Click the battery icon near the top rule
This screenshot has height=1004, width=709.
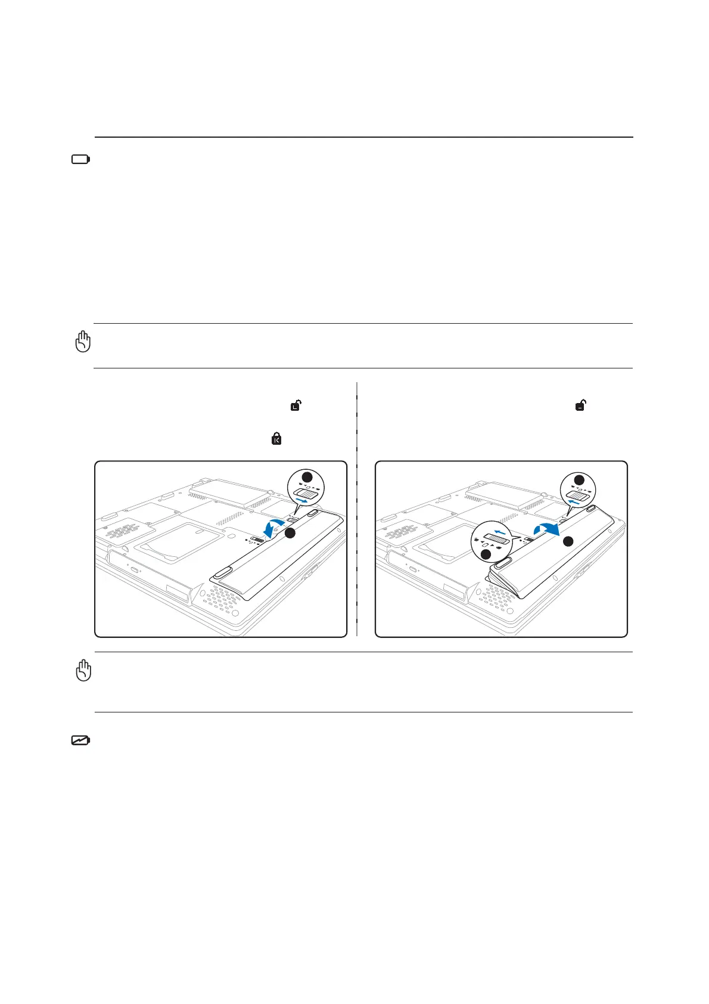point(80,159)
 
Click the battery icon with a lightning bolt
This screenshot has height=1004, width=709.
point(80,740)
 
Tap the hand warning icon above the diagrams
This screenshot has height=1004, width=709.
point(83,341)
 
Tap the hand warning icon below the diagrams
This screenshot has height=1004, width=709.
point(83,670)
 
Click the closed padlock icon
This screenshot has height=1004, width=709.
point(276,439)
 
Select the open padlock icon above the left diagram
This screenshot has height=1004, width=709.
point(296,405)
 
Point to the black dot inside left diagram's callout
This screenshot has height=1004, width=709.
point(307,476)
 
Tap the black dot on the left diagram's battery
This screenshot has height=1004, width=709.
point(290,534)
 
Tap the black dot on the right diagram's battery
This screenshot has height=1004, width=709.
point(568,541)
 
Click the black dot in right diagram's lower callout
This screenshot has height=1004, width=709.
point(486,554)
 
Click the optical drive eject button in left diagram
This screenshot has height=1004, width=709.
point(133,571)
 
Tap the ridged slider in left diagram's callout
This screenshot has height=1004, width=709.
point(306,494)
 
